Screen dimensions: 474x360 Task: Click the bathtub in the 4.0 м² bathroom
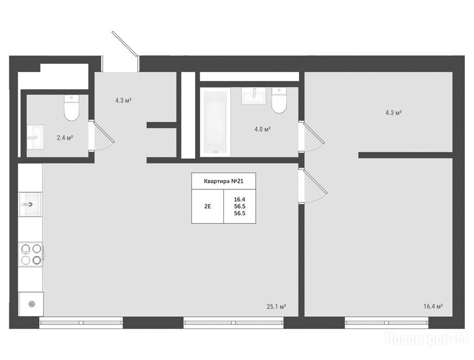pyautogui.click(x=215, y=122)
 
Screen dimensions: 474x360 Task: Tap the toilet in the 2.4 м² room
pyautogui.click(x=72, y=108)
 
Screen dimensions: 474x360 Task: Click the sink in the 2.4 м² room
pyautogui.click(x=35, y=137)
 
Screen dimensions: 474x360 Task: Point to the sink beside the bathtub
pyautogui.click(x=254, y=96)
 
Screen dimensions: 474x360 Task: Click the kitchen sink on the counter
pyautogui.click(x=30, y=204)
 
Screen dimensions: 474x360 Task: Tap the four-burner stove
pyautogui.click(x=31, y=254)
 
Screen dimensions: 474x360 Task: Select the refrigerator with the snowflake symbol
pyautogui.click(x=31, y=304)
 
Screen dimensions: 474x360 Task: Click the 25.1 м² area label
pyautogui.click(x=276, y=307)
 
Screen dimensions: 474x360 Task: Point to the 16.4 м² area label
pyautogui.click(x=433, y=306)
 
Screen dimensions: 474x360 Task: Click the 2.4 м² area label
pyautogui.click(x=65, y=138)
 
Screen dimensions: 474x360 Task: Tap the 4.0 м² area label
pyautogui.click(x=263, y=129)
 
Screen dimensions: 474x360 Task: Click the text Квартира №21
pyautogui.click(x=224, y=181)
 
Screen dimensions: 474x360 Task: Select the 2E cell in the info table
pyautogui.click(x=208, y=207)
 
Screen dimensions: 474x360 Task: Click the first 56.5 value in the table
pyautogui.click(x=240, y=206)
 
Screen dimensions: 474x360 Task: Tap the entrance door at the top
pyautogui.click(x=125, y=44)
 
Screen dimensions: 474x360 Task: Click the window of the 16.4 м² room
pyautogui.click(x=387, y=322)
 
